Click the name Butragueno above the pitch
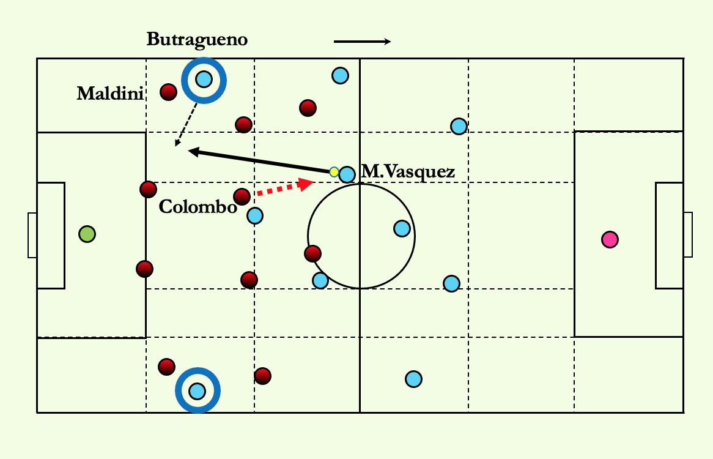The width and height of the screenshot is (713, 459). click(x=197, y=40)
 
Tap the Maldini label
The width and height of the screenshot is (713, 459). click(x=110, y=94)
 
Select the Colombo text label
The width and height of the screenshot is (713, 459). click(x=197, y=207)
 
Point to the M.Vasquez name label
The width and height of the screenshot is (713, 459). click(x=408, y=173)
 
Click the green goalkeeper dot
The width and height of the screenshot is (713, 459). click(x=87, y=234)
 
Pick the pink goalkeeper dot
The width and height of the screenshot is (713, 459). click(x=609, y=239)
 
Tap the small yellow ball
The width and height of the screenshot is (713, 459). click(x=334, y=172)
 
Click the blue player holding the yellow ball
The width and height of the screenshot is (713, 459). click(x=347, y=174)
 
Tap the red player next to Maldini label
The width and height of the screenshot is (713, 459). click(x=168, y=92)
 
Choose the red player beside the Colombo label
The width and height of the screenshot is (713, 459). click(x=242, y=196)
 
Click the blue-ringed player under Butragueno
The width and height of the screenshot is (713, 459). click(x=204, y=79)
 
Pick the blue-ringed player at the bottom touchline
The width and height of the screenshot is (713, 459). click(x=197, y=390)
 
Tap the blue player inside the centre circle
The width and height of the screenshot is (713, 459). click(x=402, y=229)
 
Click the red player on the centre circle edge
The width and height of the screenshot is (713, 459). click(x=312, y=253)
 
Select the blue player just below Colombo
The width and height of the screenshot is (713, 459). click(x=255, y=215)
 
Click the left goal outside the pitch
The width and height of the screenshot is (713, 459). click(x=32, y=234)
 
